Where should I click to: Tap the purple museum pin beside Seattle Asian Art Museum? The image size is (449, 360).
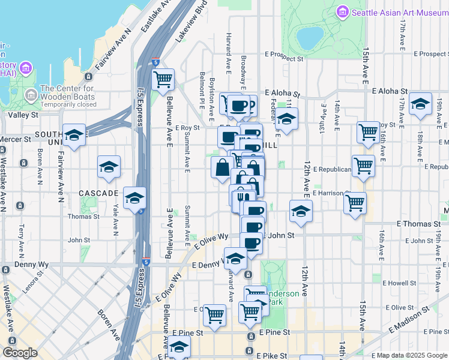click(x=343, y=11)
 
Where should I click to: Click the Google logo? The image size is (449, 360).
click(x=20, y=353)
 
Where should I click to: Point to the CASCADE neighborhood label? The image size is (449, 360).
click(x=98, y=194)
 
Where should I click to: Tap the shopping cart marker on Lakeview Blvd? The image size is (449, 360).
click(x=163, y=79)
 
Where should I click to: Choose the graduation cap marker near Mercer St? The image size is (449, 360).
click(x=74, y=136)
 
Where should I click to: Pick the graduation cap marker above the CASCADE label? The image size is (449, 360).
click(x=109, y=167)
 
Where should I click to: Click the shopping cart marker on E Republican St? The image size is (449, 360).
click(x=363, y=166)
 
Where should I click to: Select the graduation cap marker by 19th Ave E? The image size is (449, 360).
click(x=420, y=103)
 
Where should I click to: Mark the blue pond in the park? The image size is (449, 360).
click(x=310, y=38)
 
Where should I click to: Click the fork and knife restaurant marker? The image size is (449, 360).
click(x=242, y=197)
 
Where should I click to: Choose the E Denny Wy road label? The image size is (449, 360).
click(x=207, y=265)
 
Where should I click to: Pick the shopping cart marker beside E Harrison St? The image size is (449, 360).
click(x=355, y=202)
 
